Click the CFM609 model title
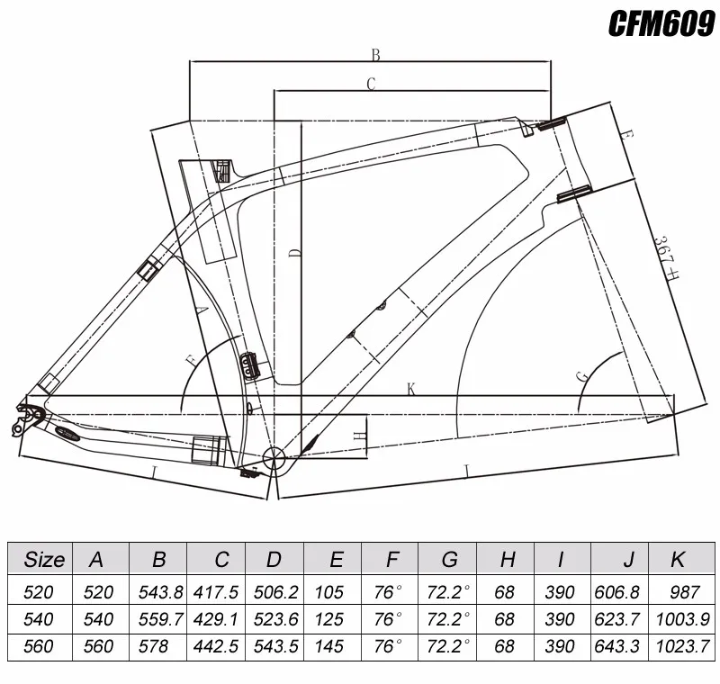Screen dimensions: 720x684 [x=661, y=23]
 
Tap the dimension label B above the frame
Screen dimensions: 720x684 [x=375, y=55]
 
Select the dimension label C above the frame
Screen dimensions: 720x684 [x=371, y=84]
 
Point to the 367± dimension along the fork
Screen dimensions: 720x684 [x=667, y=257]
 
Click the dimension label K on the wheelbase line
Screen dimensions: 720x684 [x=411, y=390]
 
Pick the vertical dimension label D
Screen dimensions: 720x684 [x=295, y=253]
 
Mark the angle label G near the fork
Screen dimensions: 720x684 [x=582, y=377]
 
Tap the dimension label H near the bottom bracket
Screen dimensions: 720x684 [x=361, y=436]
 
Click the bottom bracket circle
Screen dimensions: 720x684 [x=274, y=457]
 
